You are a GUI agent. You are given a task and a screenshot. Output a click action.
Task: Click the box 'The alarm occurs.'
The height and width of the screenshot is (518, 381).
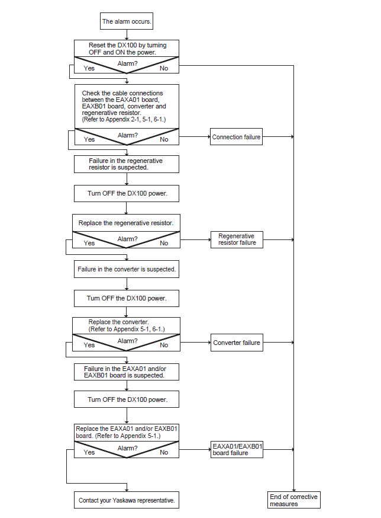[127, 21]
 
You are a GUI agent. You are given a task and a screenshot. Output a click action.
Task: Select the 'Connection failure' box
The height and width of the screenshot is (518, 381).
[236, 137]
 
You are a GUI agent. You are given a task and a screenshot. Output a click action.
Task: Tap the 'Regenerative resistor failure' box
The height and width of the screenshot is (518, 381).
[237, 239]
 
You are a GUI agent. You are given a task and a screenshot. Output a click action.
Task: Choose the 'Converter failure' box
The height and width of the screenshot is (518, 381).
[237, 343]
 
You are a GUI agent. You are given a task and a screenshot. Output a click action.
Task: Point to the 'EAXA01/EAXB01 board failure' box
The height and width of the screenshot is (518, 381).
[237, 450]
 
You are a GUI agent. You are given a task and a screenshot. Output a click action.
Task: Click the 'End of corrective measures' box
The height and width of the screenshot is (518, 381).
[293, 500]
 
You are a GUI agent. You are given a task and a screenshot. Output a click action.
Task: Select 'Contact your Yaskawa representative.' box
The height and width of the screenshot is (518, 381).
[127, 500]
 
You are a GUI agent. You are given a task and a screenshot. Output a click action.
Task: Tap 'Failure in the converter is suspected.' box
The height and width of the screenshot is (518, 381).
[127, 269]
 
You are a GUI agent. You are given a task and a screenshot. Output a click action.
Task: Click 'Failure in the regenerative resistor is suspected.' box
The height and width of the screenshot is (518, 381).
[127, 164]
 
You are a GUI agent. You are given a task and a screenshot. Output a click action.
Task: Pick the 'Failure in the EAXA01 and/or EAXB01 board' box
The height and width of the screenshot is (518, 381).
[127, 372]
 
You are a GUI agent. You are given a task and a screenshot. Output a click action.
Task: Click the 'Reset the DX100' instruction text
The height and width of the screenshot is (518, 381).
[127, 49]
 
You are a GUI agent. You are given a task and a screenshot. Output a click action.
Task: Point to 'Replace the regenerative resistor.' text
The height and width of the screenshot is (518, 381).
[125, 223]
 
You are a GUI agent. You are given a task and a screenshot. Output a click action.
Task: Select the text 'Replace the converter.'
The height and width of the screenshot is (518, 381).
[118, 322]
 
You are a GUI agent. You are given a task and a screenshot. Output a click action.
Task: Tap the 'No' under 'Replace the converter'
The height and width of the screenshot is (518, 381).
[164, 345]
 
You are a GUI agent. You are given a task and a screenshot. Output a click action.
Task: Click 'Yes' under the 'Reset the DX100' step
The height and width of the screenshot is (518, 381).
[89, 68]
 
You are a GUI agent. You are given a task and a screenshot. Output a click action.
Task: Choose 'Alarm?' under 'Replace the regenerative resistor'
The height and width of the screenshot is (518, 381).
[127, 239]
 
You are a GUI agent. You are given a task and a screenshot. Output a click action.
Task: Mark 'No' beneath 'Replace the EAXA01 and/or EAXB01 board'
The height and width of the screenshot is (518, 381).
[164, 452]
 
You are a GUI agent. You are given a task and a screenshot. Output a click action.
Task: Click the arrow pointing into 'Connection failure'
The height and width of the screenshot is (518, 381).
[195, 136]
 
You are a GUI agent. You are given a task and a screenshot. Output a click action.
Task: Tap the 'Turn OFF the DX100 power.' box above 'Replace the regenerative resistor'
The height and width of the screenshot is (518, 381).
[127, 194]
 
